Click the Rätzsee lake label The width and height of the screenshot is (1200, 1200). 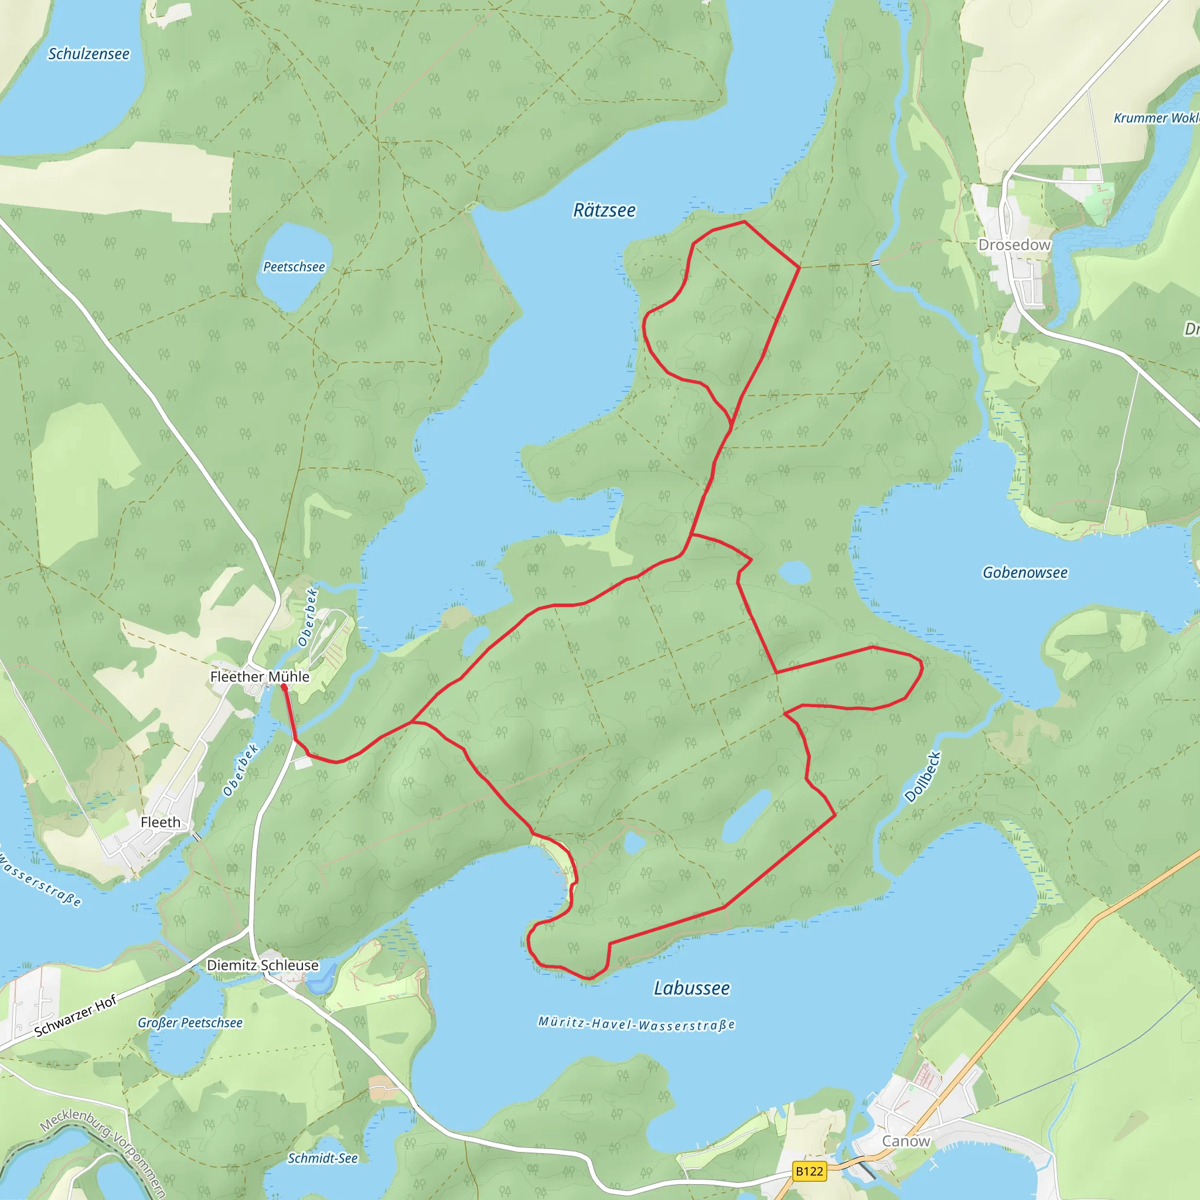point(604,210)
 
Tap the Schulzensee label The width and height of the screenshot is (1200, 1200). point(89,54)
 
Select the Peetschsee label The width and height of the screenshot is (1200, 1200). point(294,267)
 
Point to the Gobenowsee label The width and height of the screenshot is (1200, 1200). point(1025,572)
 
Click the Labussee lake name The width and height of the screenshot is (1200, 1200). point(691,988)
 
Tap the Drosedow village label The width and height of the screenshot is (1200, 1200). point(1014,245)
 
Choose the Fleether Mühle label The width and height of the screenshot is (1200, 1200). point(260,676)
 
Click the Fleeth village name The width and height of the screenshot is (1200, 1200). point(160,822)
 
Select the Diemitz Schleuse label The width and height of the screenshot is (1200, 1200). point(262,965)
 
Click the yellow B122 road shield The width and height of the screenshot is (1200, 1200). point(809,1171)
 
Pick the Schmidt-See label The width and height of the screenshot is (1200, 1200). point(322,1158)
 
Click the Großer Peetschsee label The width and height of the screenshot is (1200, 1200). point(190,1023)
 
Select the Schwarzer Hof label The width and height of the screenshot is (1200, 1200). point(75,1016)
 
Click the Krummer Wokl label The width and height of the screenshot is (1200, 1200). point(1155,118)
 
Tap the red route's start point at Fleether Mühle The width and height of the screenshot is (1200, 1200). point(284,686)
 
